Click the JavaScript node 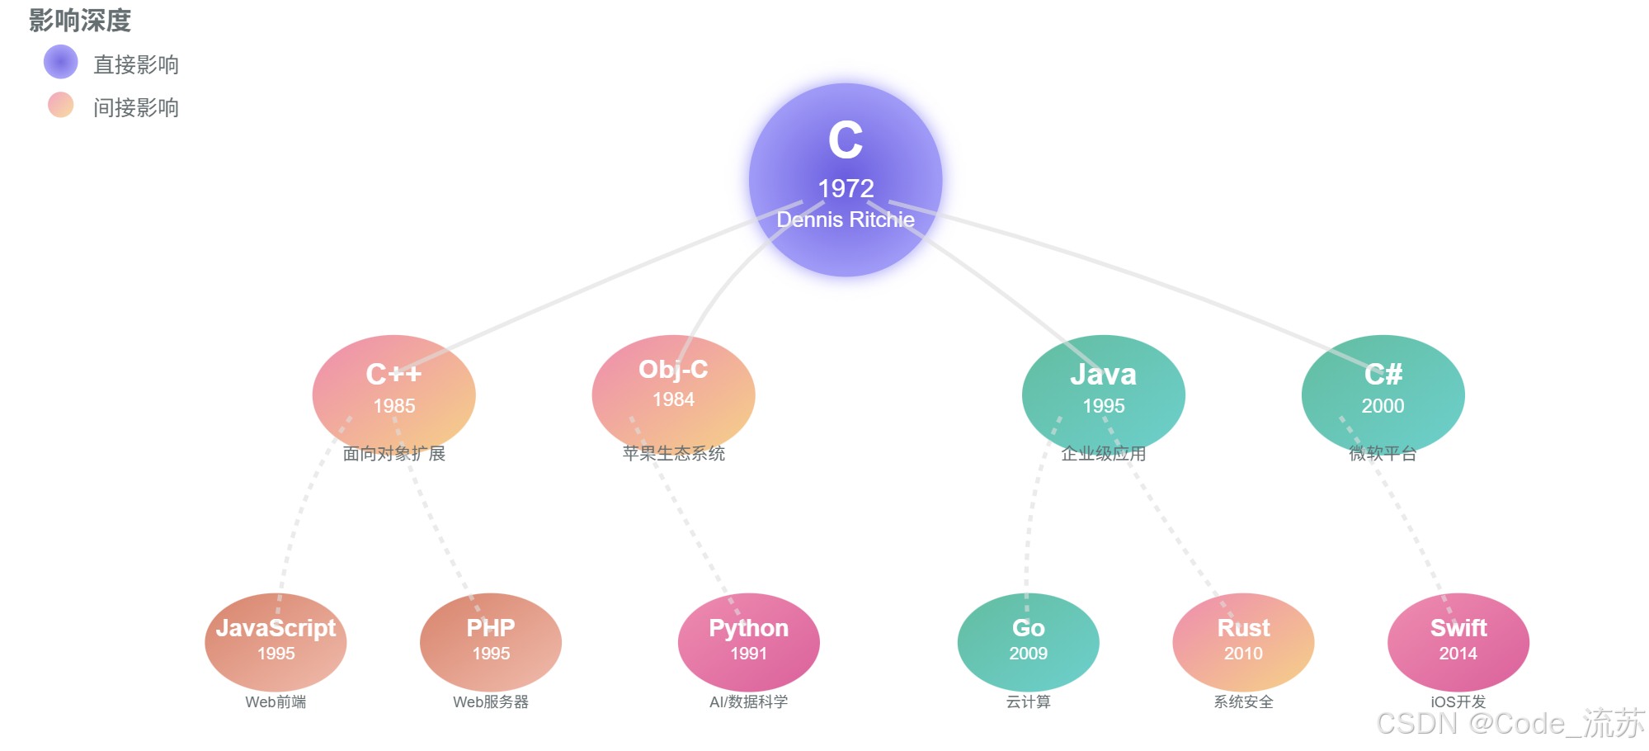pos(276,642)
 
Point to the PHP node pos(491,642)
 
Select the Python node pos(748,642)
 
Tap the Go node pos(1028,642)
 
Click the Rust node pos(1243,642)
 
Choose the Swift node pos(1458,642)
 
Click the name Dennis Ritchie pos(846,220)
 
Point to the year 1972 pos(846,188)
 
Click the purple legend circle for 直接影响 pos(61,63)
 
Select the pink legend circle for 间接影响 pos(61,105)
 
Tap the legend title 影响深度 pos(80,21)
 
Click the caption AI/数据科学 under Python pos(748,701)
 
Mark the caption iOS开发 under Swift pos(1458,701)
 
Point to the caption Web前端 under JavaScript pos(276,701)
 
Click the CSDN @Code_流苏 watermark pos(1510,723)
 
